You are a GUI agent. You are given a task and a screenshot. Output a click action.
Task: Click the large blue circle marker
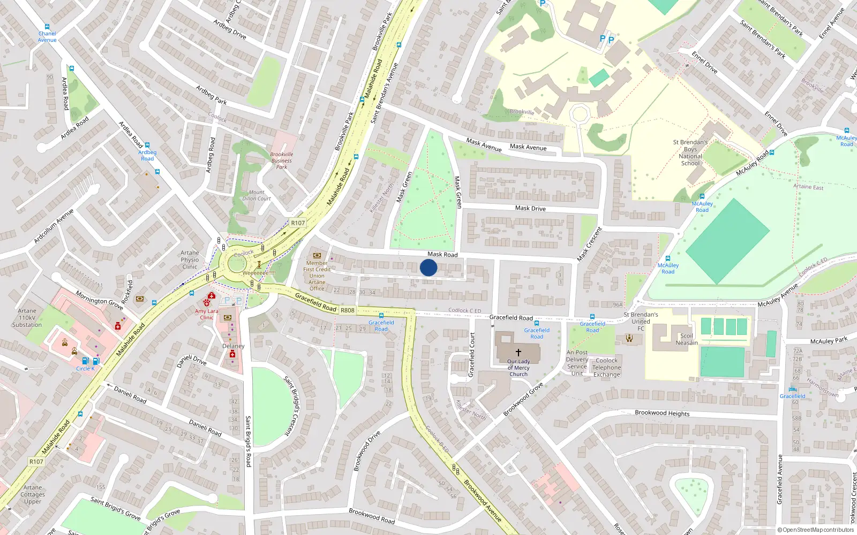point(428,267)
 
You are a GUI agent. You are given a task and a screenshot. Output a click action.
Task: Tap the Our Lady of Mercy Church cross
point(518,353)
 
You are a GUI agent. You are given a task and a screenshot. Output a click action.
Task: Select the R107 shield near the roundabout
point(298,223)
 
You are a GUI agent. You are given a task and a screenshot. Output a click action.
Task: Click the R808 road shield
point(348,310)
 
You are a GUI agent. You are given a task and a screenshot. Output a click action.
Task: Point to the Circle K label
point(85,369)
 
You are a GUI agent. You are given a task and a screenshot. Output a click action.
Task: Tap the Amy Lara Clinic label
point(206,314)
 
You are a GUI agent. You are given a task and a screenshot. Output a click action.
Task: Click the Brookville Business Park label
point(282,160)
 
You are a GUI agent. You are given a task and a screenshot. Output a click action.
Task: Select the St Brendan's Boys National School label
point(690,153)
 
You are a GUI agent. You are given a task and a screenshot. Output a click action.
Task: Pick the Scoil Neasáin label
point(687,339)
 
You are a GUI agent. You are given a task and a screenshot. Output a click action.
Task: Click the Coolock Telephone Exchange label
point(606,368)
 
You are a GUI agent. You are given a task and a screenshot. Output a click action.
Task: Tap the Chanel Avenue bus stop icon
point(47,26)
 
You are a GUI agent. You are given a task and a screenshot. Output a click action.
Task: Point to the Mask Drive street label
point(530,208)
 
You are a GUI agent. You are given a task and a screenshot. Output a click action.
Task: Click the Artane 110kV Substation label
point(27,317)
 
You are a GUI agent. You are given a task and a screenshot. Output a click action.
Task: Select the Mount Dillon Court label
point(257,195)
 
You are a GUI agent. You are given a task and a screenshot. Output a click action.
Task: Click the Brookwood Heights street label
point(662,413)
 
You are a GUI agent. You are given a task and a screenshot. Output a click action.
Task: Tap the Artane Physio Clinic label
point(190,259)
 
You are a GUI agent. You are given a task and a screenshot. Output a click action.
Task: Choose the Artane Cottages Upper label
point(33,494)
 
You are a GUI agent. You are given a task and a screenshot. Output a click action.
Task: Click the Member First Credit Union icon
point(317,255)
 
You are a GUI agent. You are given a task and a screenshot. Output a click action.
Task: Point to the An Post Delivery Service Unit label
point(577,363)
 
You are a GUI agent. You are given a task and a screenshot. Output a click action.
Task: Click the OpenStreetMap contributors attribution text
point(817,530)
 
